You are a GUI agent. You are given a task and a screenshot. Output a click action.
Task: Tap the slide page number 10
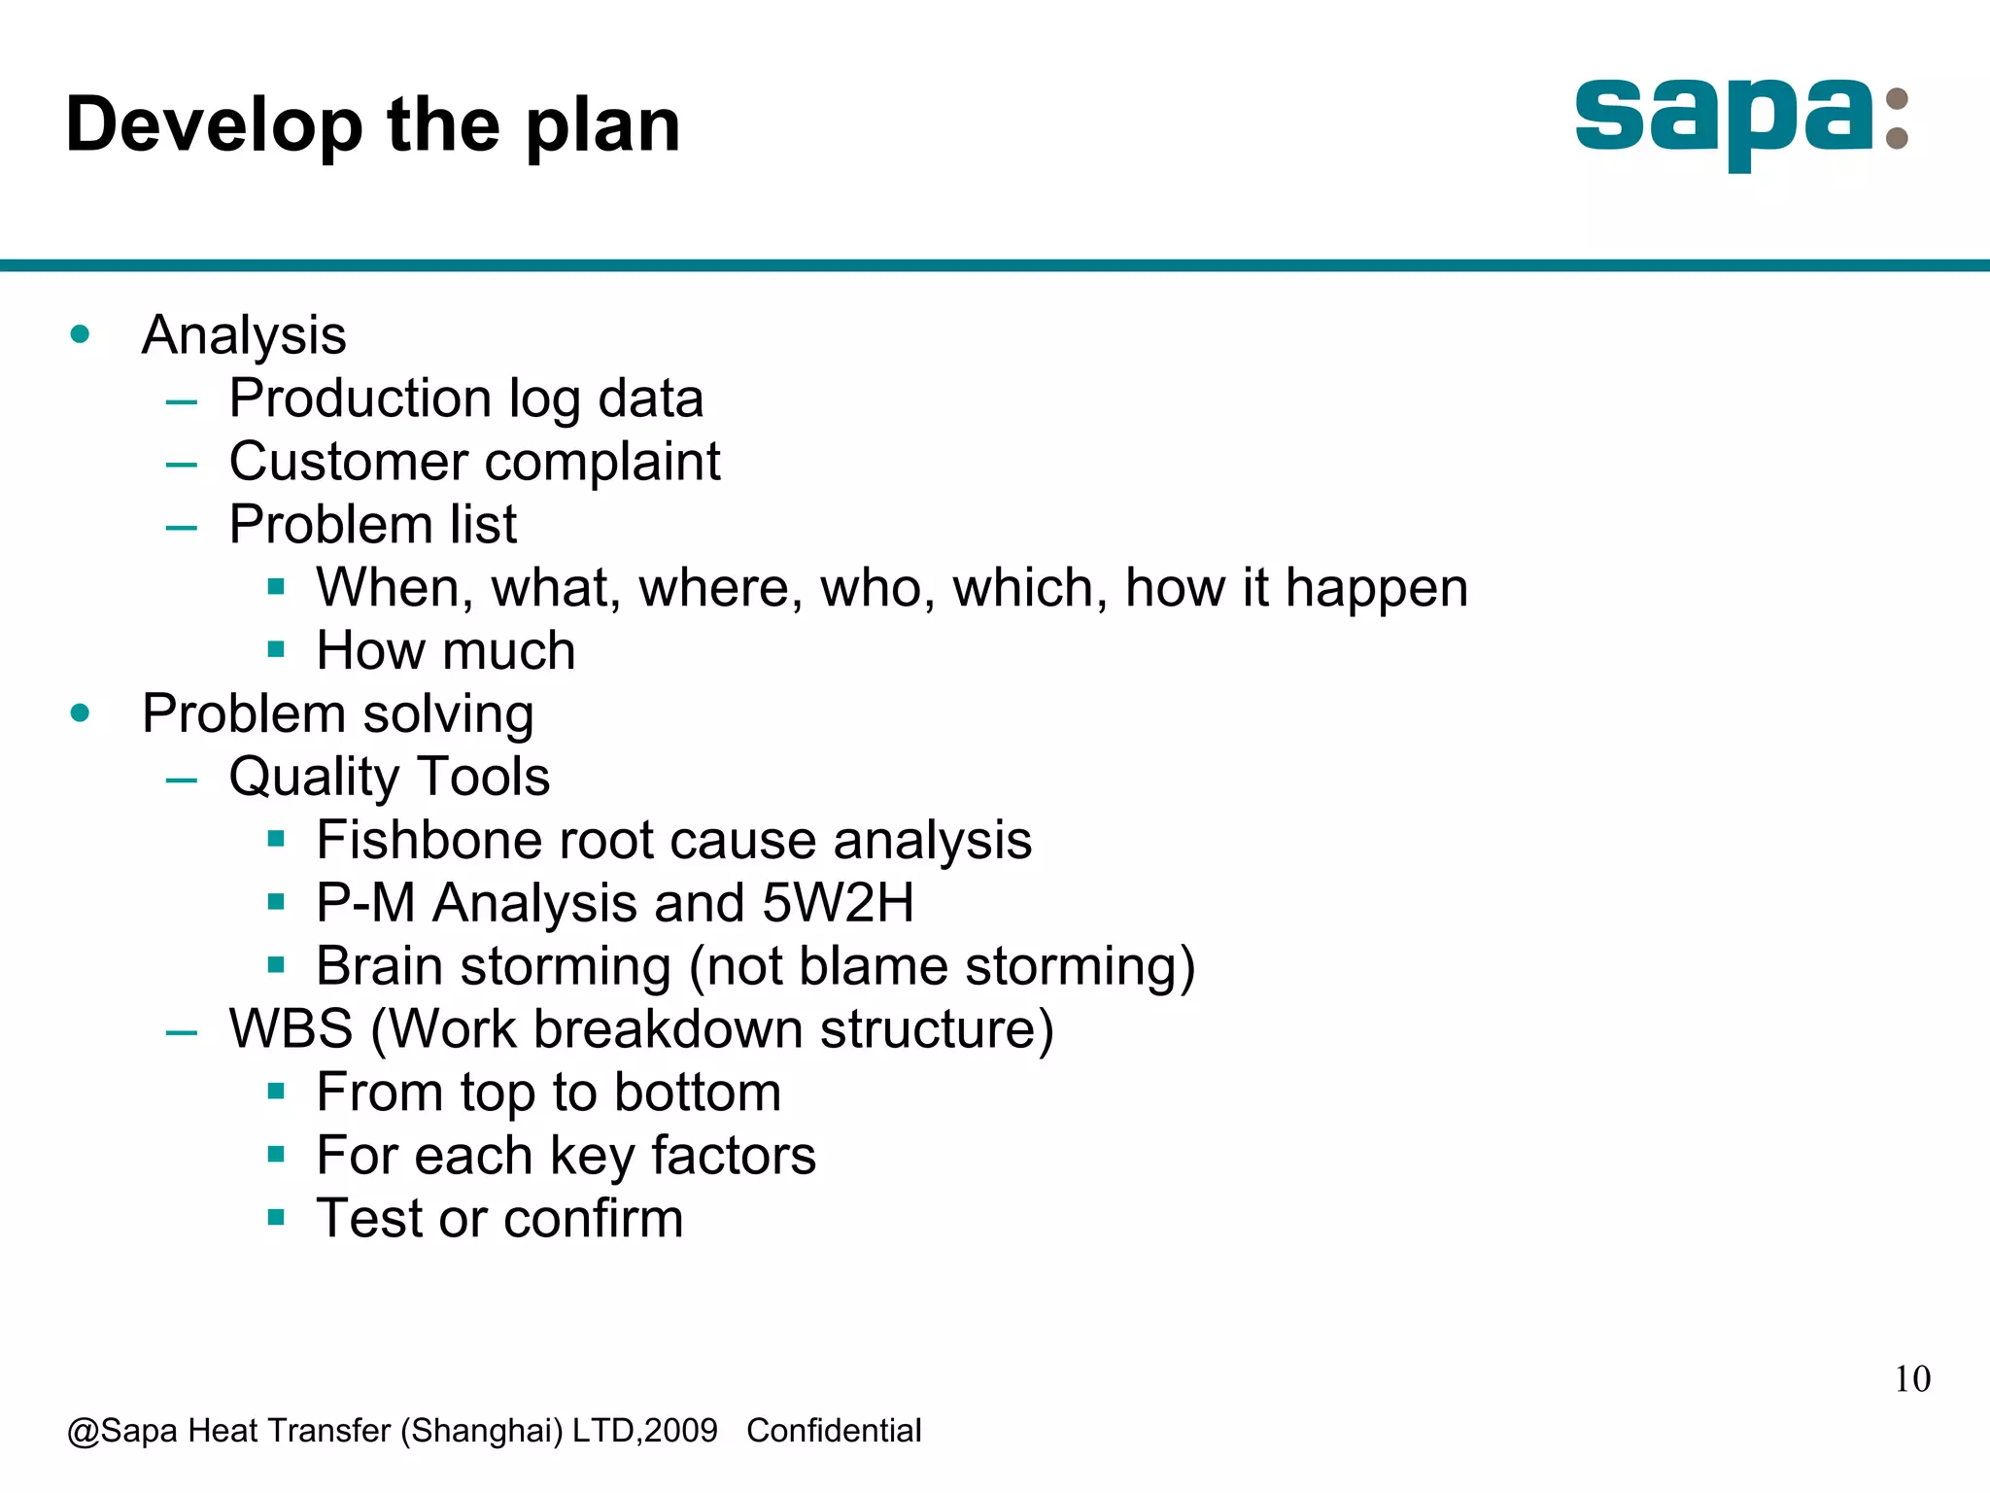point(1911,1379)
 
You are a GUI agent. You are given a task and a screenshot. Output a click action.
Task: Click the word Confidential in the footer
point(834,1431)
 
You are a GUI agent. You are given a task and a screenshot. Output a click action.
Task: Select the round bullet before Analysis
point(81,335)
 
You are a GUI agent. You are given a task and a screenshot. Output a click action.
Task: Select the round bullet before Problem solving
point(81,713)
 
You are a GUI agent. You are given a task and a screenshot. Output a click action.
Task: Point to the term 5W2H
point(838,903)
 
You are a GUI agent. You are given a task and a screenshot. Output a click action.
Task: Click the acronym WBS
point(291,1029)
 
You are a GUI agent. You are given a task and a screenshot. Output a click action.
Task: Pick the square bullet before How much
point(276,649)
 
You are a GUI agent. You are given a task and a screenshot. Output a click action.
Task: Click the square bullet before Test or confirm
point(276,1217)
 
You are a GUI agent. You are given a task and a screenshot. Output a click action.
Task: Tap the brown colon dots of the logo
point(1896,120)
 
